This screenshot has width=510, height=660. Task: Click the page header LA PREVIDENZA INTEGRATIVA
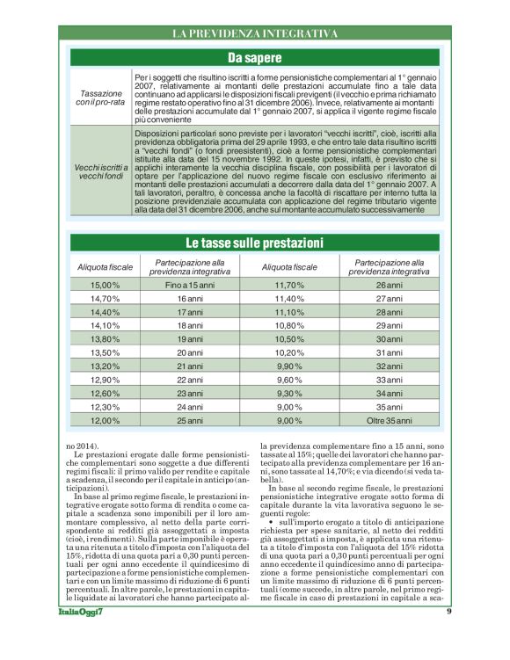pos(255,33)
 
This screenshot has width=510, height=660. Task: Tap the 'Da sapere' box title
pos(255,59)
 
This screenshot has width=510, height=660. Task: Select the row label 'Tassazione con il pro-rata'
pos(101,98)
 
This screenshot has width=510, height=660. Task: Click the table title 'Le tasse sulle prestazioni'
pos(255,242)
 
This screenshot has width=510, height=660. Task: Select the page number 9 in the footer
pos(448,635)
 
